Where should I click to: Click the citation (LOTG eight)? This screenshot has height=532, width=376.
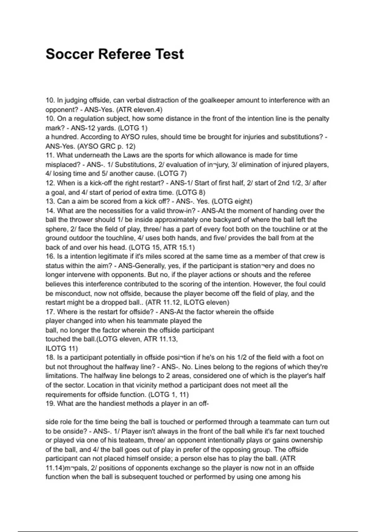pyautogui.click(x=232, y=201)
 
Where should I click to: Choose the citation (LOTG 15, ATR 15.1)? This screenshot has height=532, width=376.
pyautogui.click(x=162, y=247)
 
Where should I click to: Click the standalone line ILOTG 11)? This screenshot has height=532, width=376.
pyautogui.click(x=62, y=348)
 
